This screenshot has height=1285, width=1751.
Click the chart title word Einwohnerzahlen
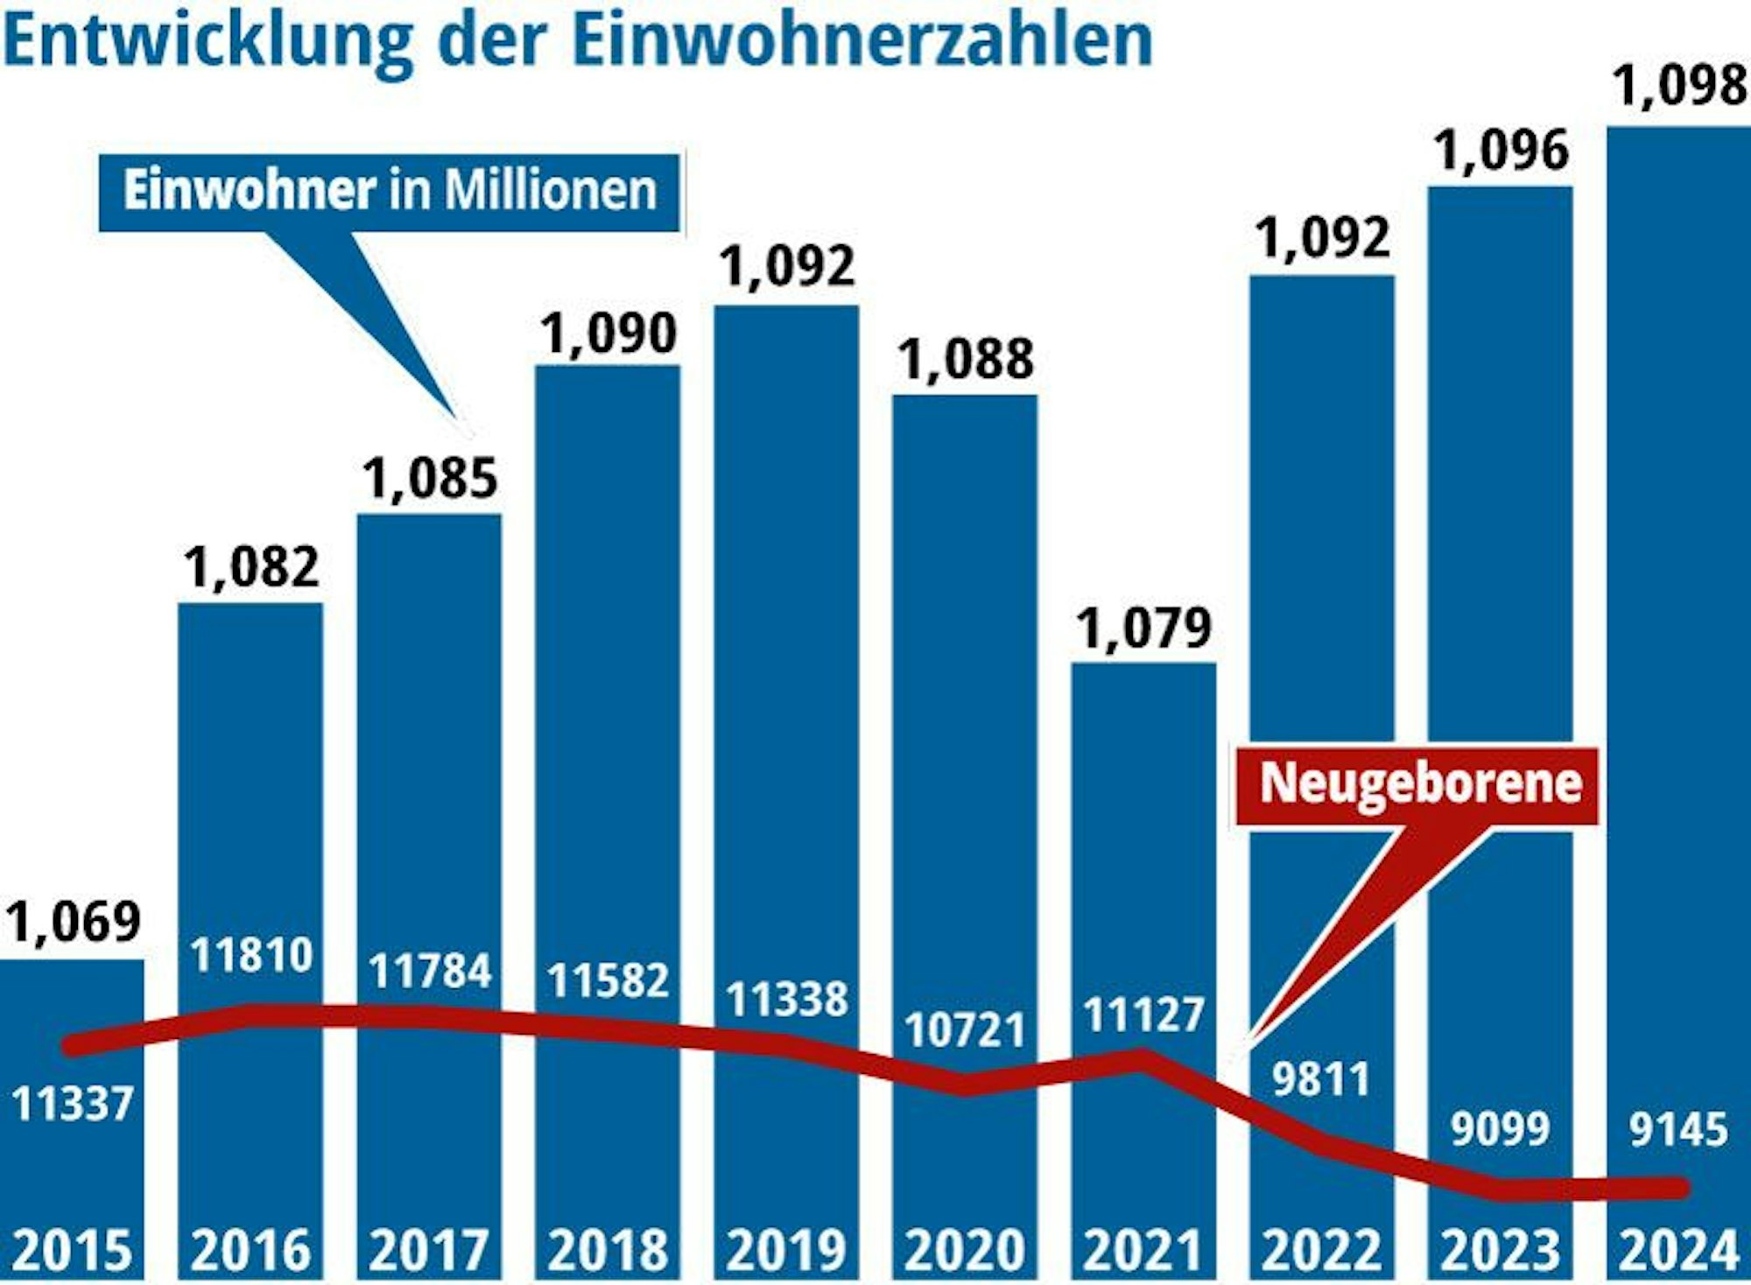coord(861,40)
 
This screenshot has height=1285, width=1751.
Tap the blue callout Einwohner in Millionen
coord(390,191)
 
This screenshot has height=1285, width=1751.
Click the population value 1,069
coord(74,921)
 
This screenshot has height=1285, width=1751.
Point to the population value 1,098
coord(1679,87)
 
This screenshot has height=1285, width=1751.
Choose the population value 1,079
coord(1143,628)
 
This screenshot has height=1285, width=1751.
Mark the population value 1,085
coord(430,479)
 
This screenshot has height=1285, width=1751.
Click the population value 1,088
coord(966,360)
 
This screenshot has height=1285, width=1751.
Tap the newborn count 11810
coord(251,955)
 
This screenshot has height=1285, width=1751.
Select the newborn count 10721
coord(965,1030)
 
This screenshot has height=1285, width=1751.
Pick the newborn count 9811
coord(1321,1079)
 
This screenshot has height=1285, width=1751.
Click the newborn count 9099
coord(1500,1128)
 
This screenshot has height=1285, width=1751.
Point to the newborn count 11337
coord(73,1105)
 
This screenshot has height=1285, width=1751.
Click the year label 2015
coord(73,1250)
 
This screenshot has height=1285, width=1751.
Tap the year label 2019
coord(786,1250)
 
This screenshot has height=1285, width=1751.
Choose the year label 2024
coord(1678,1250)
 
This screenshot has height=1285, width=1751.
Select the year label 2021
coord(1143,1250)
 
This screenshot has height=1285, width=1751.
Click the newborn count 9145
coord(1678,1129)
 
